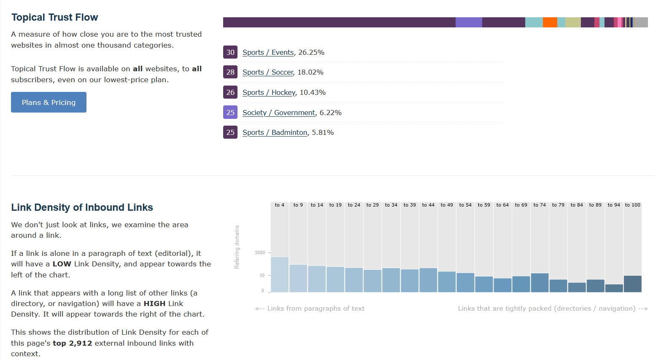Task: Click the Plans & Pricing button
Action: pos(49,102)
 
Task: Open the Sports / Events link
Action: pos(268,52)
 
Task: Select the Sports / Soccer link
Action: pos(267,72)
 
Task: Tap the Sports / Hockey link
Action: pos(269,92)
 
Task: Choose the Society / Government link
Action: pos(278,113)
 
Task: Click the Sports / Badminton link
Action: pos(275,132)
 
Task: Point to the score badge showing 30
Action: pos(230,52)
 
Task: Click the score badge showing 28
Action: pos(230,72)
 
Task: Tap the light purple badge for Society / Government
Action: pos(230,113)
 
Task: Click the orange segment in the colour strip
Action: pos(550,22)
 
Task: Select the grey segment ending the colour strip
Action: pos(641,22)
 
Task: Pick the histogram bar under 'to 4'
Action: pos(280,274)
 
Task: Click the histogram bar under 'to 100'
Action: pos(632,284)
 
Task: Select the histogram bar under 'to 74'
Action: pos(540,282)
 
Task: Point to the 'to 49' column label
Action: pos(447,205)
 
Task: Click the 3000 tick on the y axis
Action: pos(260,253)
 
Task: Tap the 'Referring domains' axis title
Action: pos(237,247)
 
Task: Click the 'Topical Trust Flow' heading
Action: pos(55,17)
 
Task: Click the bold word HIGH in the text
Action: pos(155,304)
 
